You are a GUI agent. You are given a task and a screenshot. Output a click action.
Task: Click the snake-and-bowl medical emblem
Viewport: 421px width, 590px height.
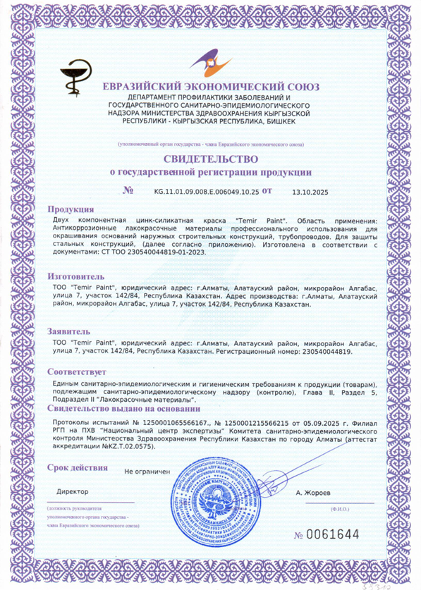pyautogui.click(x=74, y=72)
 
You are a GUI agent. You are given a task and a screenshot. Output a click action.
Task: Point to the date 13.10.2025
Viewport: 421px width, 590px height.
pyautogui.click(x=310, y=191)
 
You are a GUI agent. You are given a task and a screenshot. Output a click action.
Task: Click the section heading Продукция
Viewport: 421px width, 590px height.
pyautogui.click(x=71, y=209)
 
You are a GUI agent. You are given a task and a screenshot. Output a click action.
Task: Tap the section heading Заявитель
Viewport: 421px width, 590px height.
pyautogui.click(x=69, y=330)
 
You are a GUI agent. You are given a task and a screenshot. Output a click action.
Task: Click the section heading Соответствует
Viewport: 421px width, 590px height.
pyautogui.click(x=77, y=371)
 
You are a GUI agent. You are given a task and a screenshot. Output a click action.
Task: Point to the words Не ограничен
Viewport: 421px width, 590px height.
pyautogui.click(x=147, y=469)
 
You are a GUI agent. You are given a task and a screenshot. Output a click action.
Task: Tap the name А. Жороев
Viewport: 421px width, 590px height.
pyautogui.click(x=312, y=492)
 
